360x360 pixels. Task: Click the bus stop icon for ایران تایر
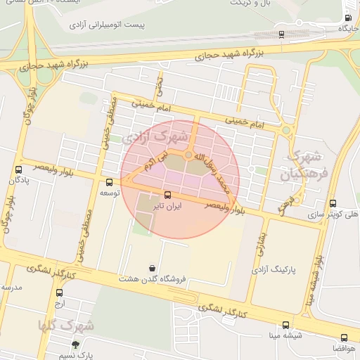tap(167, 195)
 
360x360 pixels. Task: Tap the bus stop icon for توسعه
tap(108, 182)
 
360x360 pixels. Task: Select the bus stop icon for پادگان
tap(18, 169)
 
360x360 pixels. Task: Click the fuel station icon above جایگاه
tap(348, 18)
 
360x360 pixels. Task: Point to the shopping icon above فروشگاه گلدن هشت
tap(153, 268)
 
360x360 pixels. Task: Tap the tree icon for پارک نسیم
tap(75, 345)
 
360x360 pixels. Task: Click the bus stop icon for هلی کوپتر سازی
tap(333, 202)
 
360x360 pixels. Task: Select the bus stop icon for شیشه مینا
tap(285, 325)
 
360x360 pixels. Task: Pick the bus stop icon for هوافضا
tap(344, 337)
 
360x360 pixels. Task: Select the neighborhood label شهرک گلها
tap(67, 326)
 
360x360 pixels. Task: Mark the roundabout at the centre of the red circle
tap(188, 155)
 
